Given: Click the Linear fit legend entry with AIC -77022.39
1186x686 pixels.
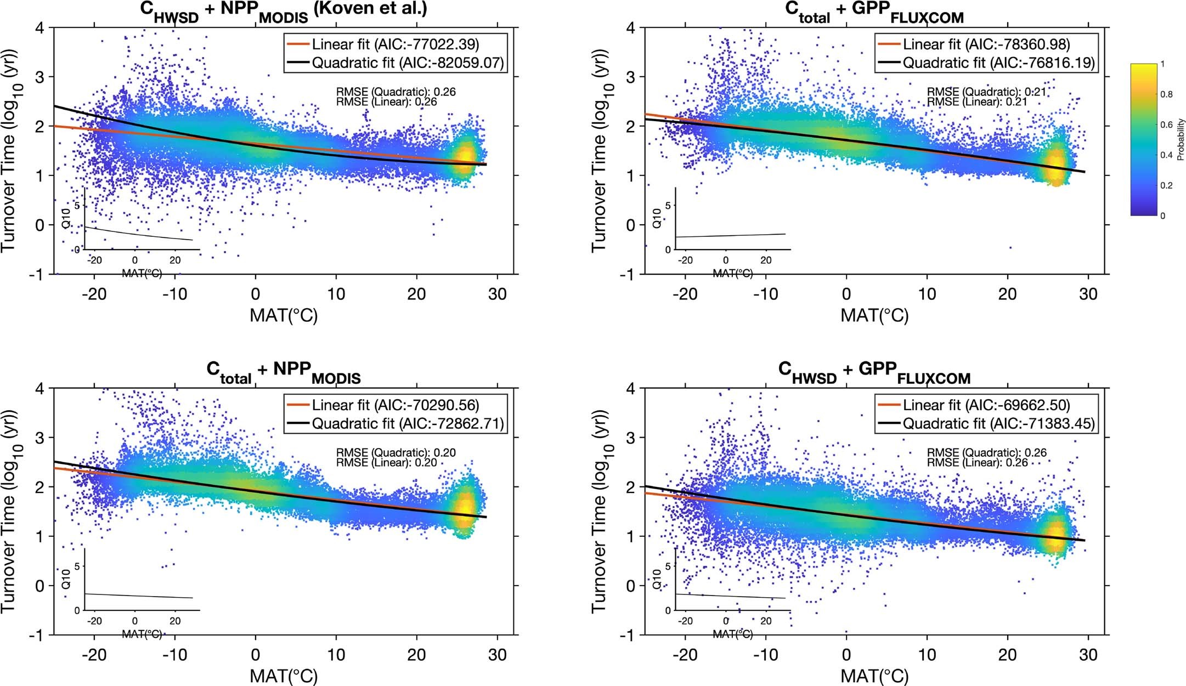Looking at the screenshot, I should point(395,44).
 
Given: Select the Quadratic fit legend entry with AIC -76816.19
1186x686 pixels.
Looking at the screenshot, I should point(998,63).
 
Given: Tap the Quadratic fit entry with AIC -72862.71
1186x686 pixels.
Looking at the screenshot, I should point(408,424).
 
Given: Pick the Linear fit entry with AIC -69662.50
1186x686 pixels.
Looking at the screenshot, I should point(986,405).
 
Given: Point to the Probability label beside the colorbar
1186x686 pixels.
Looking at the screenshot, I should point(1181,140).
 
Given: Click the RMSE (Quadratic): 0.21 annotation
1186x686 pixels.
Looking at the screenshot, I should point(987,92).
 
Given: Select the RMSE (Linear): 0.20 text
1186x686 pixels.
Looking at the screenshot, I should point(386,463).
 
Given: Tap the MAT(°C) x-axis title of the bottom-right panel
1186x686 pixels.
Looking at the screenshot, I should point(874,676).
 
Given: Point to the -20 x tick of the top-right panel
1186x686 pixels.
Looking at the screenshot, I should point(685,294).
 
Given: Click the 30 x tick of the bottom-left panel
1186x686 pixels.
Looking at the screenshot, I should point(498,655).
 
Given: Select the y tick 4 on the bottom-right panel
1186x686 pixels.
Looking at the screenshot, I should point(631,389).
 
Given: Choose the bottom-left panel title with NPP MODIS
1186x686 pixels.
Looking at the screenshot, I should point(284,371).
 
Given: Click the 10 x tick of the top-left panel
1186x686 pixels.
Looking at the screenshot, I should point(336,294).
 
